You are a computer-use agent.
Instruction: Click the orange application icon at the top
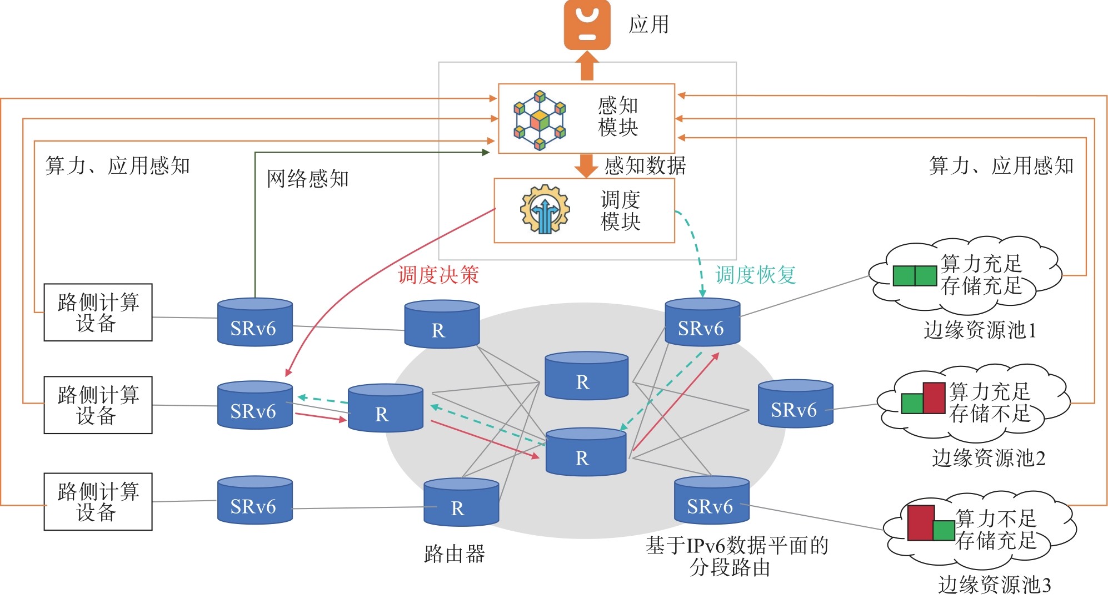[587, 25]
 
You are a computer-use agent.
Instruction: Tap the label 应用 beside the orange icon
[648, 25]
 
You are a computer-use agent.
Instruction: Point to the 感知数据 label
[645, 165]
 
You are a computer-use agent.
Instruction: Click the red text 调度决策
[438, 275]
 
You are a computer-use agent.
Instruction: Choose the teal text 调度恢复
[755, 275]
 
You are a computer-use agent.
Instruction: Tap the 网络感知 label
[307, 179]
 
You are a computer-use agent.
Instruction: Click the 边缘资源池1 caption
[980, 330]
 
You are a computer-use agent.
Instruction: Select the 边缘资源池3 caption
[994, 585]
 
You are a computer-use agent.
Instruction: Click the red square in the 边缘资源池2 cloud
[934, 398]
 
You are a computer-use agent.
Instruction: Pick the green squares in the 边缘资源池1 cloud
[915, 276]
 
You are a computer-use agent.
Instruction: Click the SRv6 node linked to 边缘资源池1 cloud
[702, 323]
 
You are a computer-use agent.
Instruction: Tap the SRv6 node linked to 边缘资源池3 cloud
[711, 500]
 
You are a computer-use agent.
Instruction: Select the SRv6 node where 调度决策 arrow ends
[255, 405]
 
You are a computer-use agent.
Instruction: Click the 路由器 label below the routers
[455, 554]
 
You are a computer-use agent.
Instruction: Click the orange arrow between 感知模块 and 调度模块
[586, 165]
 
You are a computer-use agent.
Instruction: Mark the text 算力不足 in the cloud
[996, 519]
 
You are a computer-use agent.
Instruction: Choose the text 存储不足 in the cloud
[990, 414]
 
